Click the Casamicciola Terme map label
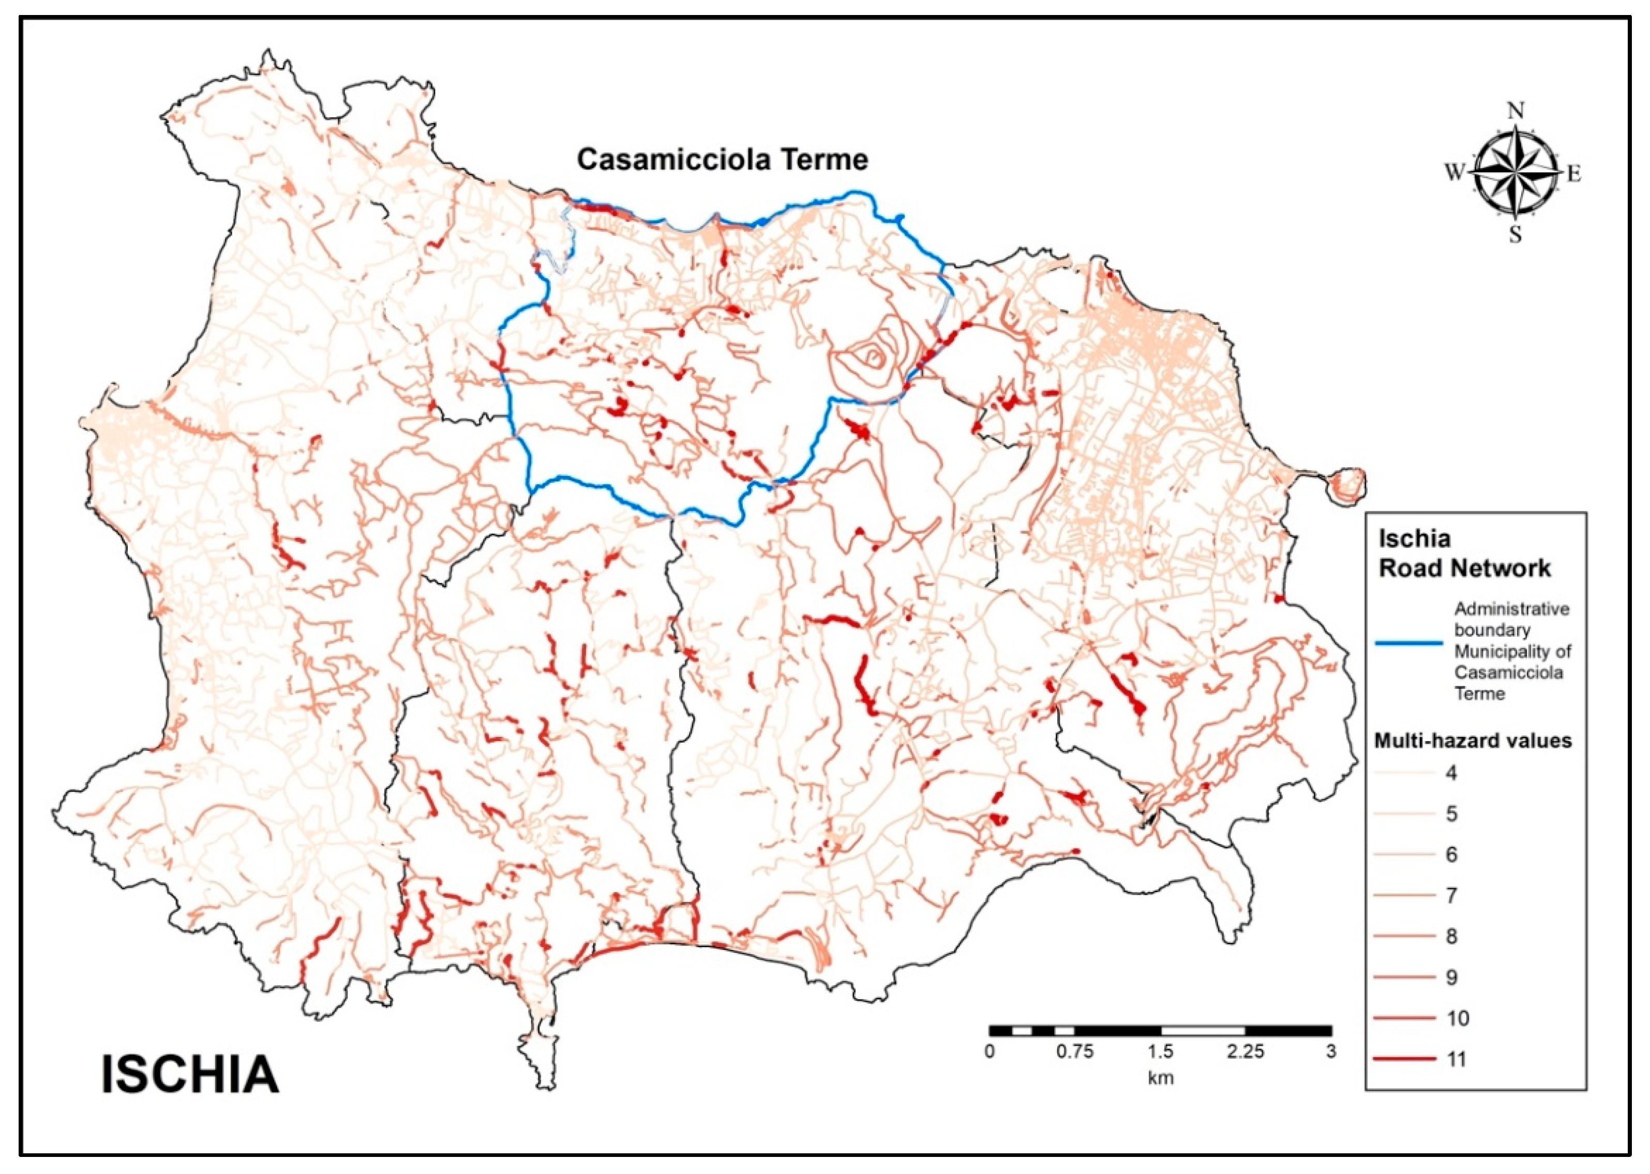tap(722, 160)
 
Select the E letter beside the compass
tap(1573, 174)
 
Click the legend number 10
tap(1458, 1018)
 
